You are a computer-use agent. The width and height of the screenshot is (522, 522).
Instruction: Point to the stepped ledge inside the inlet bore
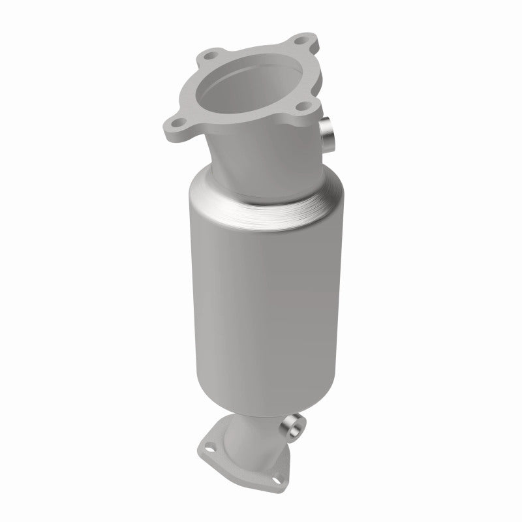click(261, 104)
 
